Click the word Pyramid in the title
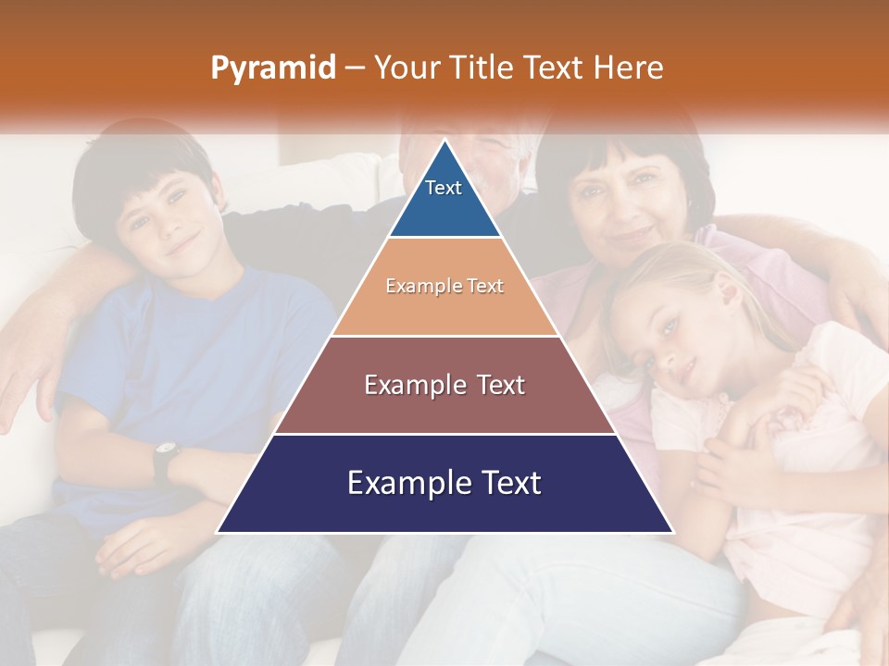coord(272,68)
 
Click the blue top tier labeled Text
coord(444,199)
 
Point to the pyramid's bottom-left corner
coord(218,532)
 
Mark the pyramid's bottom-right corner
coord(672,532)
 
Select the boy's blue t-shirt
coord(185,351)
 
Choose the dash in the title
coord(354,68)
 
